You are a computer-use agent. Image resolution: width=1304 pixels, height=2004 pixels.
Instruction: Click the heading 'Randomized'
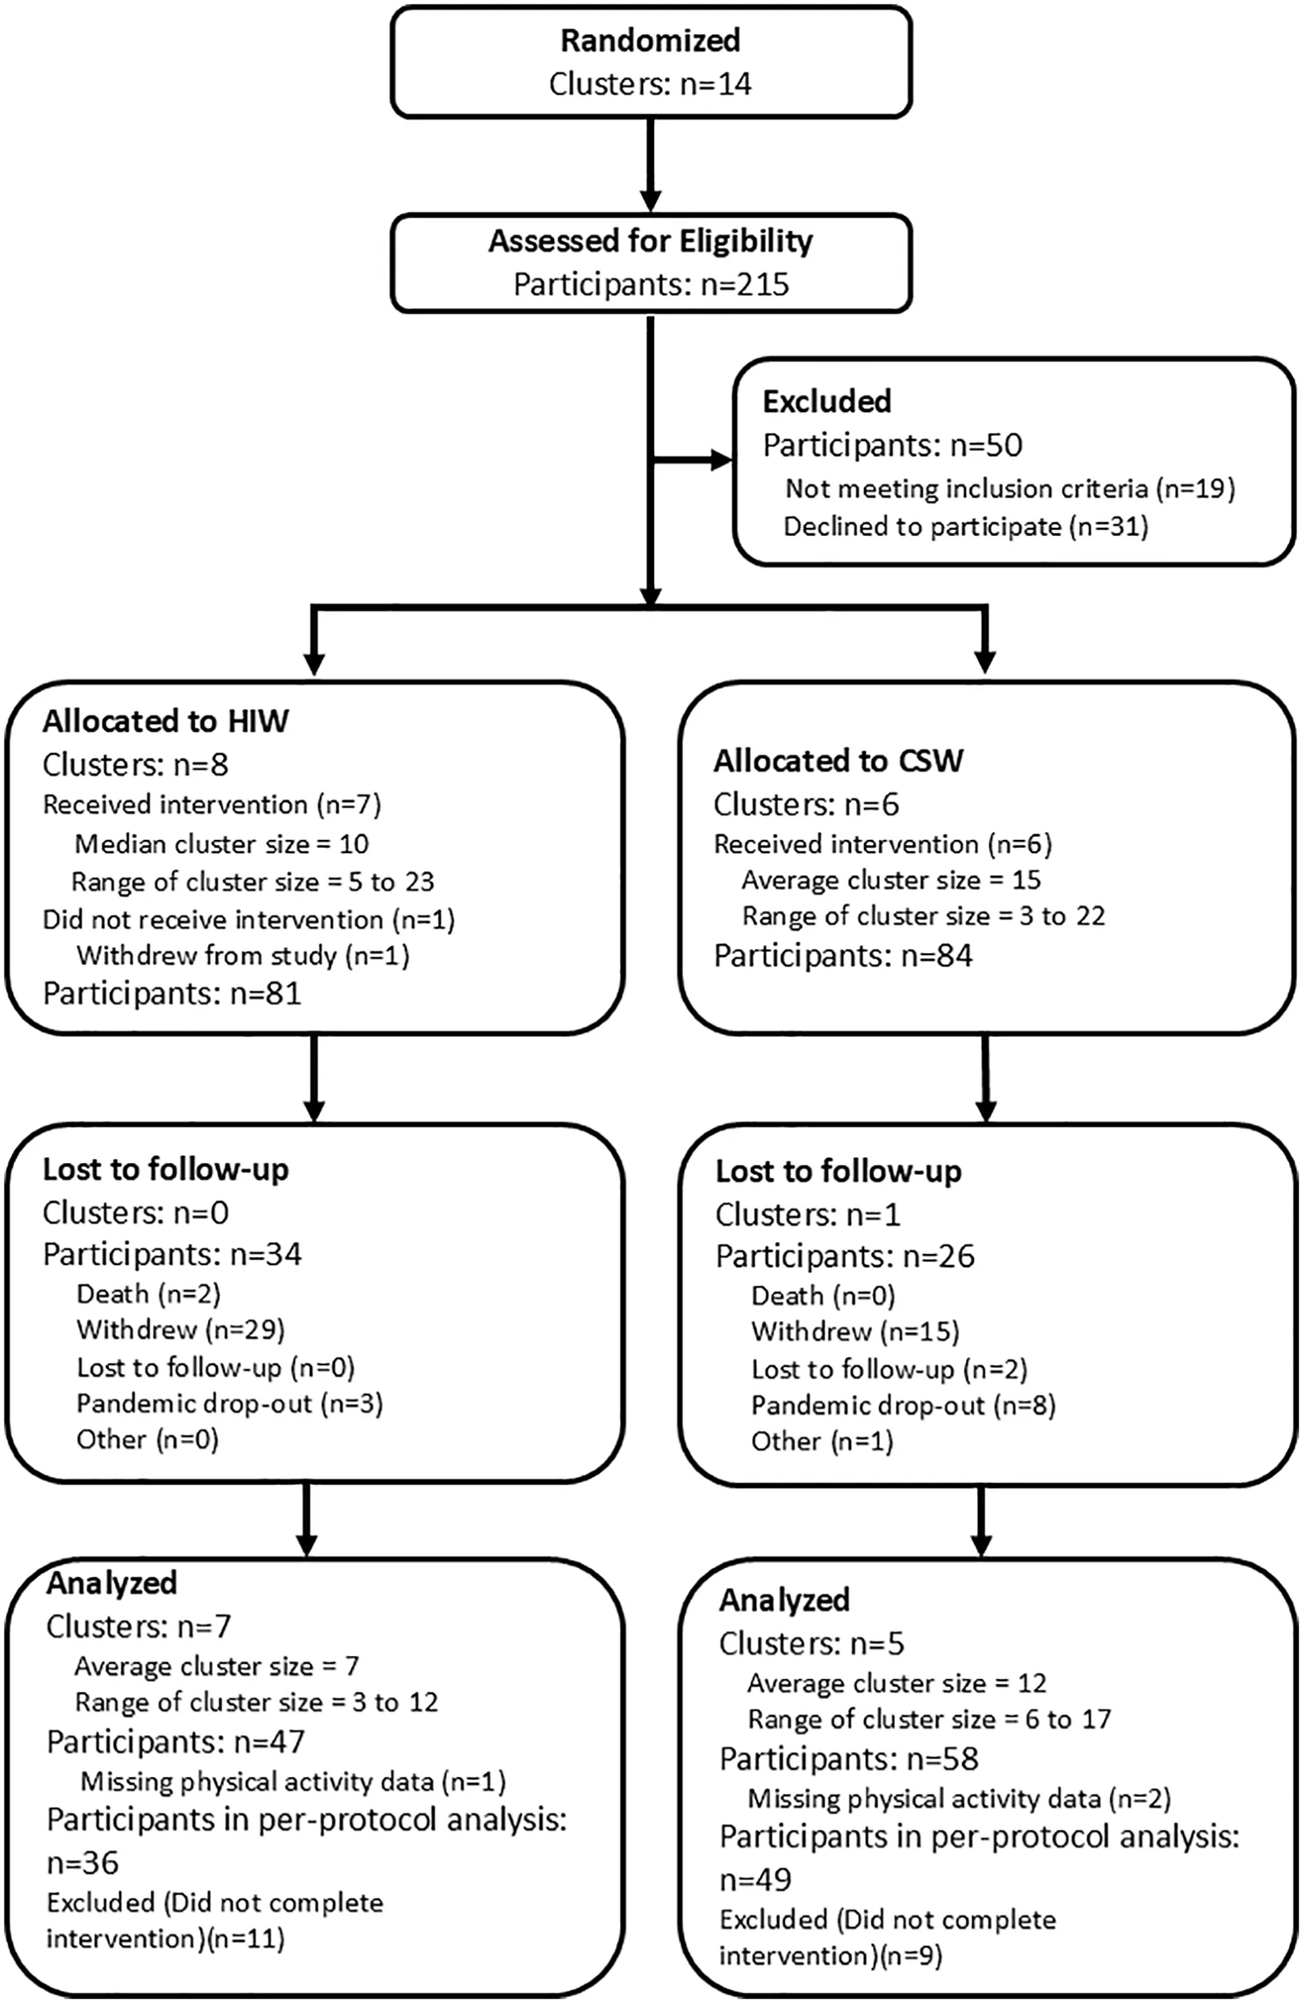651,40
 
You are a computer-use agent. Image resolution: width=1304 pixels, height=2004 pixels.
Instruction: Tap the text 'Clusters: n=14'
651,84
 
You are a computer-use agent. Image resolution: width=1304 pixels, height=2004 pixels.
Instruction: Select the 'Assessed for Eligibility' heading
651,241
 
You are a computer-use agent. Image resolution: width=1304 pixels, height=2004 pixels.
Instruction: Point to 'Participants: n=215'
651,285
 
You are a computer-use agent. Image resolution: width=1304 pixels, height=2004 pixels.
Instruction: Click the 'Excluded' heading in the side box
827,402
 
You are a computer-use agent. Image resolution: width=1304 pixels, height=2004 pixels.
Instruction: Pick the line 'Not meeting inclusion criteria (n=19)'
1010,488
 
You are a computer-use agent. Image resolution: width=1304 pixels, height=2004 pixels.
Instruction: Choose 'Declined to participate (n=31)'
966,526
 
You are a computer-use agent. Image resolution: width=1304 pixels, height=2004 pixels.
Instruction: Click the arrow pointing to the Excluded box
692,459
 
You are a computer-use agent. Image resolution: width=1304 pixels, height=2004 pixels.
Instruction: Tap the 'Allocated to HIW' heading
166,721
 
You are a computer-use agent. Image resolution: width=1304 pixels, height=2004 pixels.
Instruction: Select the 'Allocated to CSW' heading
839,761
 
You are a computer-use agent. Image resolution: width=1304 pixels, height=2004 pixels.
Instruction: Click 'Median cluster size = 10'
222,844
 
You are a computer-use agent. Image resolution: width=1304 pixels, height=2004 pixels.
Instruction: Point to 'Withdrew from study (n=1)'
243,956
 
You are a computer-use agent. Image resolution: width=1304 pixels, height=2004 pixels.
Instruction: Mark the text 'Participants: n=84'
843,956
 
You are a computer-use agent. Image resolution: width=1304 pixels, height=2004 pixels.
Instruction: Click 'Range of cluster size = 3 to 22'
924,916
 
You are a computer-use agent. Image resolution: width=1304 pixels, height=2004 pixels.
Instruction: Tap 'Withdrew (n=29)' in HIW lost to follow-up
181,1330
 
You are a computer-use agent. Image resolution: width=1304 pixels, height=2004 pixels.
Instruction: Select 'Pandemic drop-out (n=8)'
904,1406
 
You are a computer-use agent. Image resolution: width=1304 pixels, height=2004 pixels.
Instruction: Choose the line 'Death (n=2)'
148,1293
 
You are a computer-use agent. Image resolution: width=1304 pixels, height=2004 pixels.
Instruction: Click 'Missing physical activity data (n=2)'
959,1799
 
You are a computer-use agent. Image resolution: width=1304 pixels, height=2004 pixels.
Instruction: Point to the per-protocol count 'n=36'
83,1863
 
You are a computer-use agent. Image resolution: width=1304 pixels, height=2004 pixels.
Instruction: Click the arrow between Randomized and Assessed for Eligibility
651,165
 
